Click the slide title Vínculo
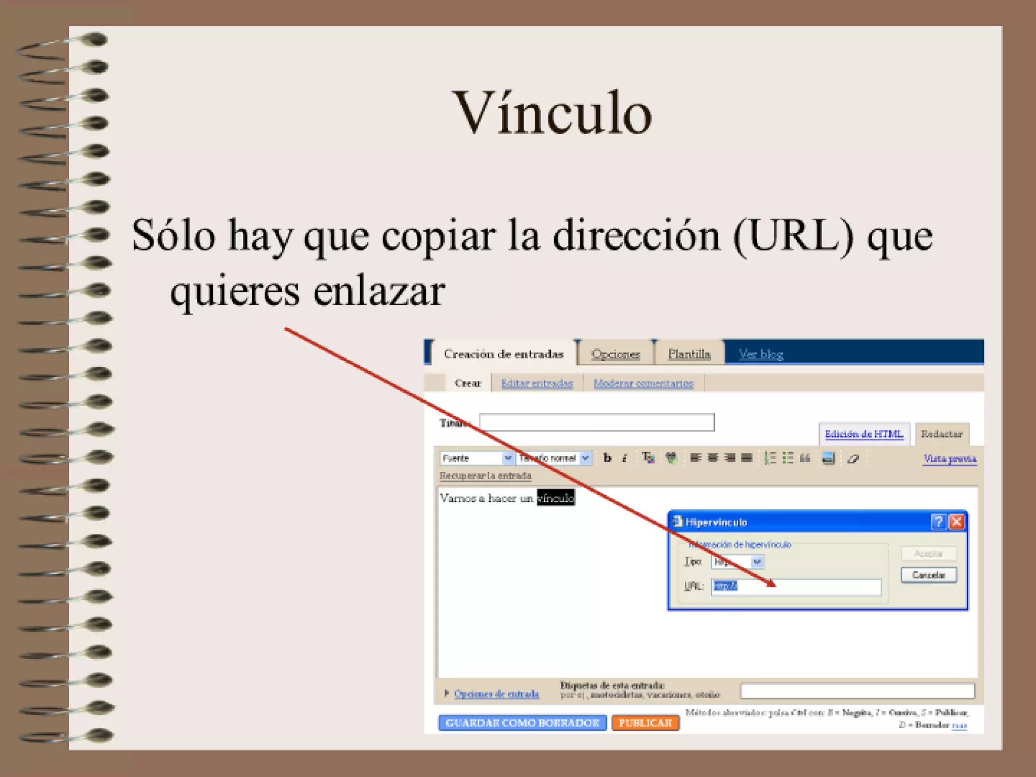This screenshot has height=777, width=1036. (x=553, y=112)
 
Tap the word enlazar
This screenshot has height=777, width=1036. (x=379, y=292)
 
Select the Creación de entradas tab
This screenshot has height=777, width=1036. (x=503, y=354)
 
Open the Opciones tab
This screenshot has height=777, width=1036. (x=616, y=354)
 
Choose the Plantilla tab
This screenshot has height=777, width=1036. (x=689, y=354)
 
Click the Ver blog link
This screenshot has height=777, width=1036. (x=761, y=354)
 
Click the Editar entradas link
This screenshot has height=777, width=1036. (x=537, y=383)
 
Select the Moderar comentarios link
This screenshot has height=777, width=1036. (x=643, y=383)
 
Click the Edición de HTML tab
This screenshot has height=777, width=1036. (x=864, y=434)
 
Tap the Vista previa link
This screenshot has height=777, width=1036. (x=949, y=458)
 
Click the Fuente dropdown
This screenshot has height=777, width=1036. (x=476, y=458)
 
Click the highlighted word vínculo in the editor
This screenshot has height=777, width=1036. (x=555, y=498)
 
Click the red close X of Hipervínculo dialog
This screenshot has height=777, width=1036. (x=956, y=522)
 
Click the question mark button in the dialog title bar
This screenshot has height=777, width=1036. (x=938, y=522)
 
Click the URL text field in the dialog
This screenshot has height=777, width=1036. (x=796, y=586)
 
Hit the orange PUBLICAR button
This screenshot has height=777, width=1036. (x=645, y=723)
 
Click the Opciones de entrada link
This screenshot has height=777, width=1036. (x=496, y=694)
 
